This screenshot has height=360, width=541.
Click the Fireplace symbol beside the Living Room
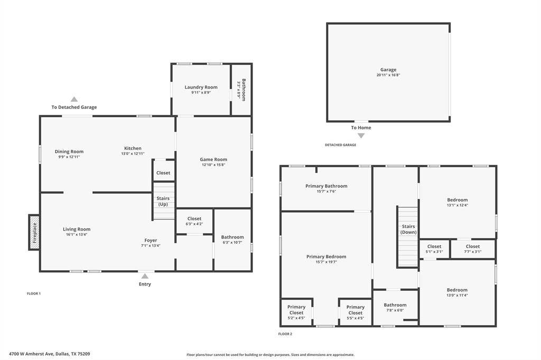[34, 232]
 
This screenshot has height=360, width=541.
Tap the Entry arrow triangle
[145, 276]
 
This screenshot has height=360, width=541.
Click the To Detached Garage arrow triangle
[74, 99]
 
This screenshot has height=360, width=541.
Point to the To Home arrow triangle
[361, 136]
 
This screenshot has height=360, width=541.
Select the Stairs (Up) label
[163, 201]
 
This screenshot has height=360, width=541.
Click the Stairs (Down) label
[408, 229]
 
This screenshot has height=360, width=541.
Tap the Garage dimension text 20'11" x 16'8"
[388, 75]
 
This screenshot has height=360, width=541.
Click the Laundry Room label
[201, 87]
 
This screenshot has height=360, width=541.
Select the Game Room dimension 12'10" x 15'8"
[213, 165]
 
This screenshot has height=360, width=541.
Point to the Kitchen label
[133, 148]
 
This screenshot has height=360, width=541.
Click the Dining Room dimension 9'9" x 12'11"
[69, 157]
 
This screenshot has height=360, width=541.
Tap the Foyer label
[151, 240]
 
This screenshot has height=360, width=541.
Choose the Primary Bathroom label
[327, 186]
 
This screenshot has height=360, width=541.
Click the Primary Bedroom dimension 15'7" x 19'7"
[327, 262]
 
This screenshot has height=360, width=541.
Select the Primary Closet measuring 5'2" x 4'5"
[296, 312]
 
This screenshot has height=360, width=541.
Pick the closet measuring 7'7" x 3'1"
[473, 249]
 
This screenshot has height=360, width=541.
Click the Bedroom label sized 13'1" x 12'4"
[458, 200]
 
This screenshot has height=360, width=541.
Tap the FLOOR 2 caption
[285, 334]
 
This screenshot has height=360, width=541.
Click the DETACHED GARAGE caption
[341, 145]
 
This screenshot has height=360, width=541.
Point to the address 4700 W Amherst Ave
[31, 354]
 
